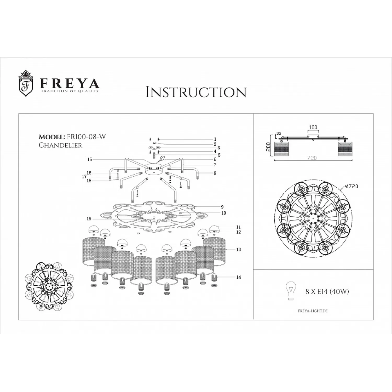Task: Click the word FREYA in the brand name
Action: pyautogui.click(x=70, y=84)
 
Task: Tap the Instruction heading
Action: pyautogui.click(x=196, y=92)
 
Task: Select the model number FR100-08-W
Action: pyautogui.click(x=87, y=137)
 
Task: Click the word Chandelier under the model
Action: pyautogui.click(x=60, y=145)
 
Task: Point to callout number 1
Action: pyautogui.click(x=215, y=139)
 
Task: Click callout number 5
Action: pyautogui.click(x=219, y=155)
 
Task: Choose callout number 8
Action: pyautogui.click(x=215, y=173)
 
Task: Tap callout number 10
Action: pyautogui.click(x=224, y=213)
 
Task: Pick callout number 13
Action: pyautogui.click(x=238, y=250)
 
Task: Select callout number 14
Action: pyautogui.click(x=238, y=277)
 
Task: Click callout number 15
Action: pyautogui.click(x=90, y=159)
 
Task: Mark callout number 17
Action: pyautogui.click(x=84, y=177)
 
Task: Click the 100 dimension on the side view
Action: pyautogui.click(x=313, y=128)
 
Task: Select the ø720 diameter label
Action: pyautogui.click(x=351, y=186)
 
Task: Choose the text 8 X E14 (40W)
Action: pyautogui.click(x=327, y=291)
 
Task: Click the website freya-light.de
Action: pyautogui.click(x=313, y=311)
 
